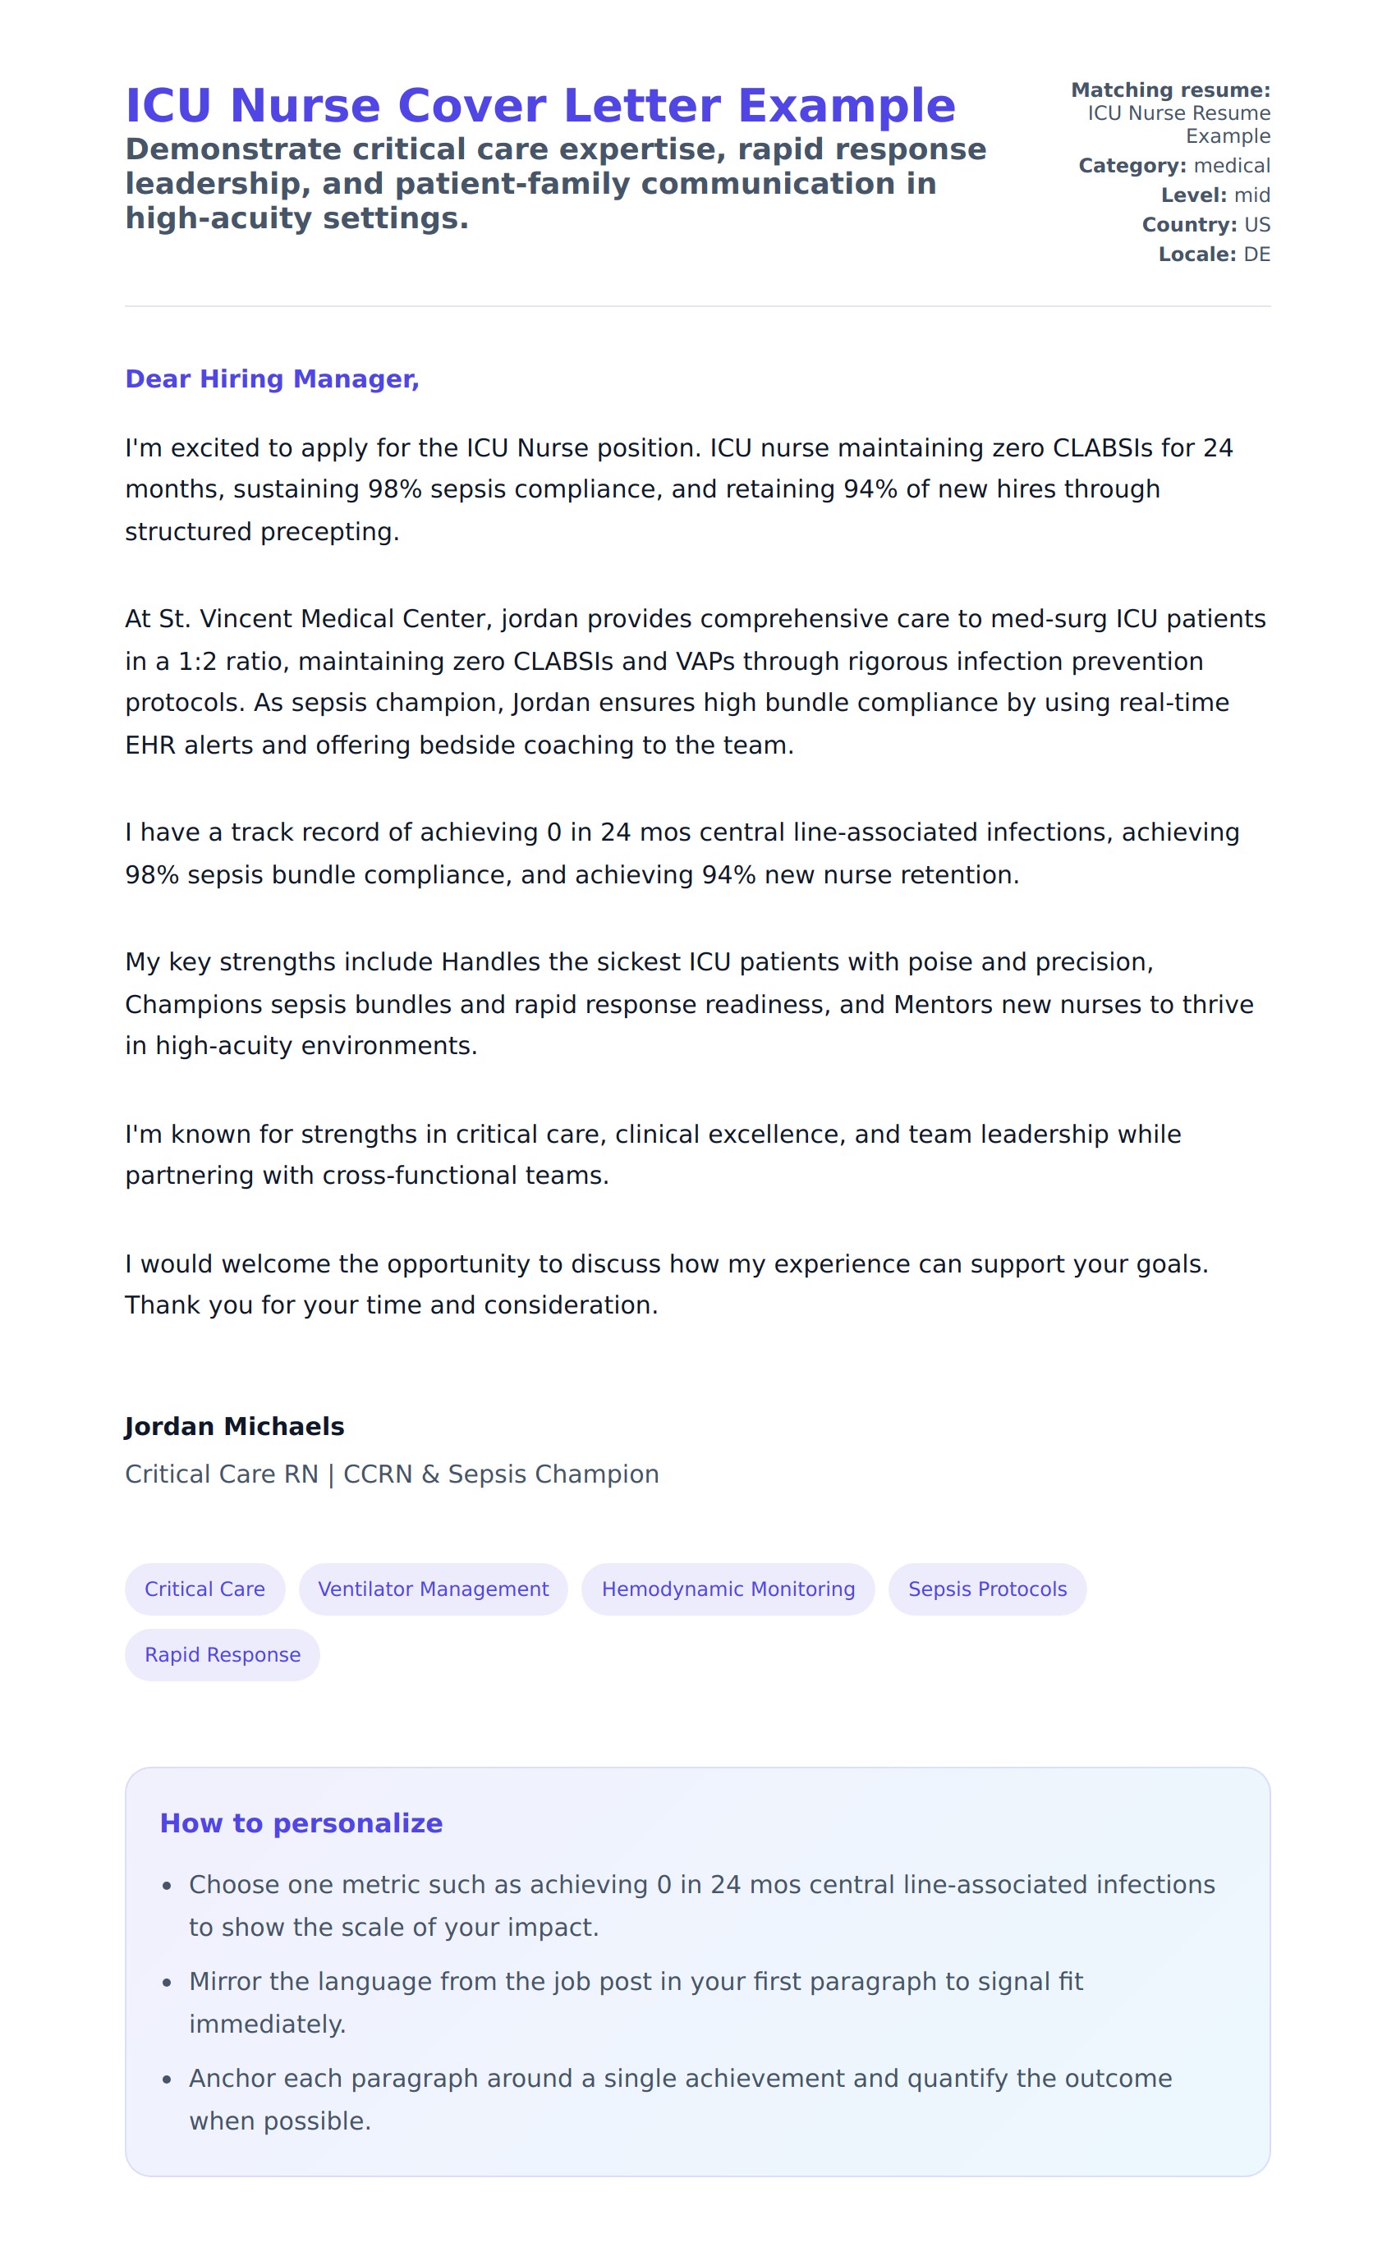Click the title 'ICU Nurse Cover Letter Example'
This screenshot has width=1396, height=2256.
(540, 105)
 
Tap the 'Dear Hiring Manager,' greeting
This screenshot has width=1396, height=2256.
(273, 378)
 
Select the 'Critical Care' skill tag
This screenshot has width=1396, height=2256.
(205, 1589)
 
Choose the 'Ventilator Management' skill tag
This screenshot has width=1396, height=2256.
(433, 1589)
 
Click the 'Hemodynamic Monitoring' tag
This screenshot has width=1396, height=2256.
(728, 1589)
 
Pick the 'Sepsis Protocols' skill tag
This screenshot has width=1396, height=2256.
(987, 1589)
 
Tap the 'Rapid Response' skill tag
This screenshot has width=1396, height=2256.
(223, 1654)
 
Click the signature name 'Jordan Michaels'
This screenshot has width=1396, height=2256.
(235, 1426)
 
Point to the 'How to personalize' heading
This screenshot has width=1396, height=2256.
(301, 1823)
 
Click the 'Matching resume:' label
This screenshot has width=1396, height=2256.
(1170, 90)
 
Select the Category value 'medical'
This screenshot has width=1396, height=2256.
(1232, 166)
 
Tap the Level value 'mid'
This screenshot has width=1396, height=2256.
(1252, 195)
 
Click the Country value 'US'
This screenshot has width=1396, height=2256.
(1256, 225)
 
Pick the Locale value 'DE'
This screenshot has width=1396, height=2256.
(1256, 254)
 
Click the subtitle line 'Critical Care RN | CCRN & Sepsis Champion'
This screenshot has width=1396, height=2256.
(392, 1474)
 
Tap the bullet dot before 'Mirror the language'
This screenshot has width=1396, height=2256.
(168, 1983)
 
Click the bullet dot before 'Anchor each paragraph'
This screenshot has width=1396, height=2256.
(168, 2079)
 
